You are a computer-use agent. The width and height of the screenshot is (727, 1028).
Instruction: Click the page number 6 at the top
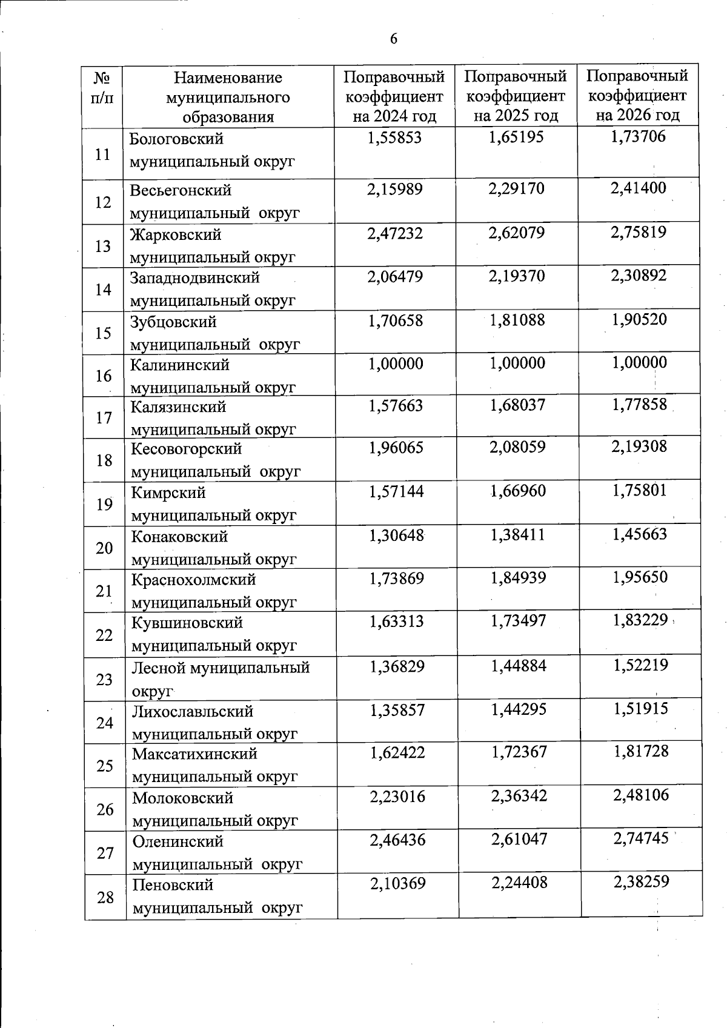tap(394, 39)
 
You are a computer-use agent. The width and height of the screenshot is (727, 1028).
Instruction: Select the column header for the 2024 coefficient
tap(394, 96)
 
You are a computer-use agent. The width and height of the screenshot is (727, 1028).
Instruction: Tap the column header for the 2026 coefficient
tap(637, 95)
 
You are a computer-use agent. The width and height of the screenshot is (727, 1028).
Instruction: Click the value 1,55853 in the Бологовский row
tap(394, 138)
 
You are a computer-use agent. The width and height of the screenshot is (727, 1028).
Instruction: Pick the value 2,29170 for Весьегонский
tap(517, 189)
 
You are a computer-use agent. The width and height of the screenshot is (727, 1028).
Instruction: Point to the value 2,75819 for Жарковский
tap(639, 232)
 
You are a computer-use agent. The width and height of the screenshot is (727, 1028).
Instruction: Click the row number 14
tap(103, 290)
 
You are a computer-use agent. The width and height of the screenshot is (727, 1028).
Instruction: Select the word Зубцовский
tap(174, 322)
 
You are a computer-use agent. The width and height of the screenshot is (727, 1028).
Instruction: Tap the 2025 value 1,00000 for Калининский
tap(517, 363)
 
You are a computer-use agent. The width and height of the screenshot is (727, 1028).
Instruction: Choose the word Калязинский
tap(179, 406)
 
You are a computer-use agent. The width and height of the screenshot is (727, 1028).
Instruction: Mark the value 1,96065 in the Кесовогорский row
tap(396, 448)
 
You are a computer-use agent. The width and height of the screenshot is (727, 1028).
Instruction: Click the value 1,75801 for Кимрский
tap(640, 490)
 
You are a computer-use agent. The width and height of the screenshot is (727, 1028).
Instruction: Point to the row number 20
tap(104, 548)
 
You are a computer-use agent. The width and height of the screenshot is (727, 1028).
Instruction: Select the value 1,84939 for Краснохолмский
tap(518, 578)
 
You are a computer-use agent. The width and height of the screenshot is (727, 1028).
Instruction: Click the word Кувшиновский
tap(187, 623)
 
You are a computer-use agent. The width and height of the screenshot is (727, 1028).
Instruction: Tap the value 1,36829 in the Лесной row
tap(397, 666)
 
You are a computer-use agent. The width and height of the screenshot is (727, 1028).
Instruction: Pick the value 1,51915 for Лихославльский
tap(641, 708)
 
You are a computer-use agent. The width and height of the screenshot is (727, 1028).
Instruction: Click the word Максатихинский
tap(194, 754)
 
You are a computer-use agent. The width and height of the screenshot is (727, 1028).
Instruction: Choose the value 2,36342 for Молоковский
tap(519, 795)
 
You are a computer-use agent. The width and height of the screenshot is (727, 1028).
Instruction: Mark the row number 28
tap(105, 897)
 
